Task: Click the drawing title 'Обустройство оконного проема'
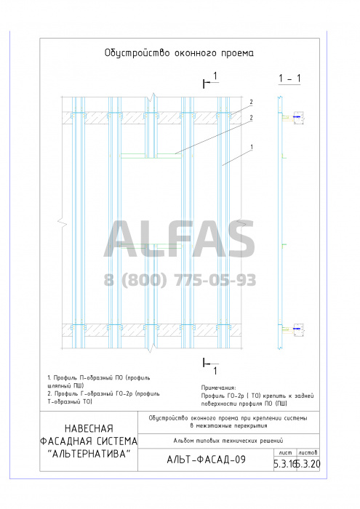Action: [x=179, y=53]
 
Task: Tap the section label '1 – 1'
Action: [x=289, y=79]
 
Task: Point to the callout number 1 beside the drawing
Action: [x=252, y=148]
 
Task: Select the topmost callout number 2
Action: [x=251, y=103]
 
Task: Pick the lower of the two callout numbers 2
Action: [x=251, y=118]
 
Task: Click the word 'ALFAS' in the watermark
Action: [x=180, y=239]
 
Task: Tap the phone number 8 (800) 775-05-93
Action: [x=180, y=280]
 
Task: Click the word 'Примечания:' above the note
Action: [x=219, y=388]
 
